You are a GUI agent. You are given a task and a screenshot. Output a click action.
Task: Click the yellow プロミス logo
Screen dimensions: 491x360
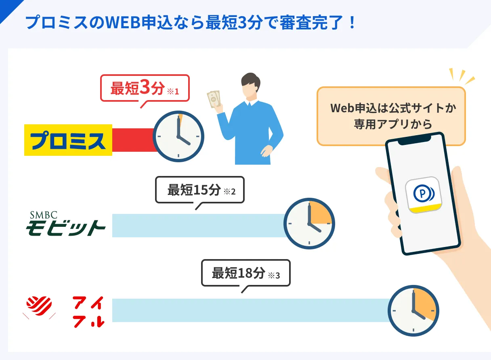pyautogui.click(x=68, y=140)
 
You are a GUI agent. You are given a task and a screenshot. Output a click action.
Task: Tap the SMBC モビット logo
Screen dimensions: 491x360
pyautogui.click(x=65, y=224)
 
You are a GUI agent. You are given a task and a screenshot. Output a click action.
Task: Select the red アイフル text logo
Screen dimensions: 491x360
pyautogui.click(x=88, y=312)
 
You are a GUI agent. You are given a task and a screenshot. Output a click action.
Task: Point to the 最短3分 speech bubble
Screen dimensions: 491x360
pyautogui.click(x=145, y=88)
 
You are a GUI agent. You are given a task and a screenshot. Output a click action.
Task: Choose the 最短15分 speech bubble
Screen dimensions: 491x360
pyautogui.click(x=200, y=190)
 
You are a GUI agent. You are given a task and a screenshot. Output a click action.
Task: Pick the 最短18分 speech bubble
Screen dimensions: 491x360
pyautogui.click(x=246, y=273)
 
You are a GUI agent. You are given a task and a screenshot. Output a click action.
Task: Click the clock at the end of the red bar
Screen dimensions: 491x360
pyautogui.click(x=178, y=136)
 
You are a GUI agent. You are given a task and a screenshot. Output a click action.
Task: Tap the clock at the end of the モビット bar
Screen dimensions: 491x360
pyautogui.click(x=309, y=224)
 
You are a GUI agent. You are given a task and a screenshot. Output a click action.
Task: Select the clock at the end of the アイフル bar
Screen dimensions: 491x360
pyautogui.click(x=413, y=311)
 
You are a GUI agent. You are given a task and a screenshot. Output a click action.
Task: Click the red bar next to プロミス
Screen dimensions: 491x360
pyautogui.click(x=134, y=140)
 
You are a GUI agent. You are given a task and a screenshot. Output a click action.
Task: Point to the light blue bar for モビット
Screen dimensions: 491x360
pyautogui.click(x=199, y=226)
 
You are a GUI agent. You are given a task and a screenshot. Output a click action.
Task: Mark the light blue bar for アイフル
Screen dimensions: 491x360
pyautogui.click(x=250, y=310)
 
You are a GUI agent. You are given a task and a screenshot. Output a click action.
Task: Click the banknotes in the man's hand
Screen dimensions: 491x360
pyautogui.click(x=214, y=99)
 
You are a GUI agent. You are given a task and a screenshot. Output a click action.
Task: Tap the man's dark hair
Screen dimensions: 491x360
pyautogui.click(x=250, y=81)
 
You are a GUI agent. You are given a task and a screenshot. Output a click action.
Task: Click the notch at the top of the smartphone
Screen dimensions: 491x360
pyautogui.click(x=415, y=140)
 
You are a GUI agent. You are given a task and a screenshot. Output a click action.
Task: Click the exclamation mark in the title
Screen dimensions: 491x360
pyautogui.click(x=352, y=23)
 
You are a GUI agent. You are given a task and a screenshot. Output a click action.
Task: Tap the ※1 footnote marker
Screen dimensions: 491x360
pyautogui.click(x=173, y=91)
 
